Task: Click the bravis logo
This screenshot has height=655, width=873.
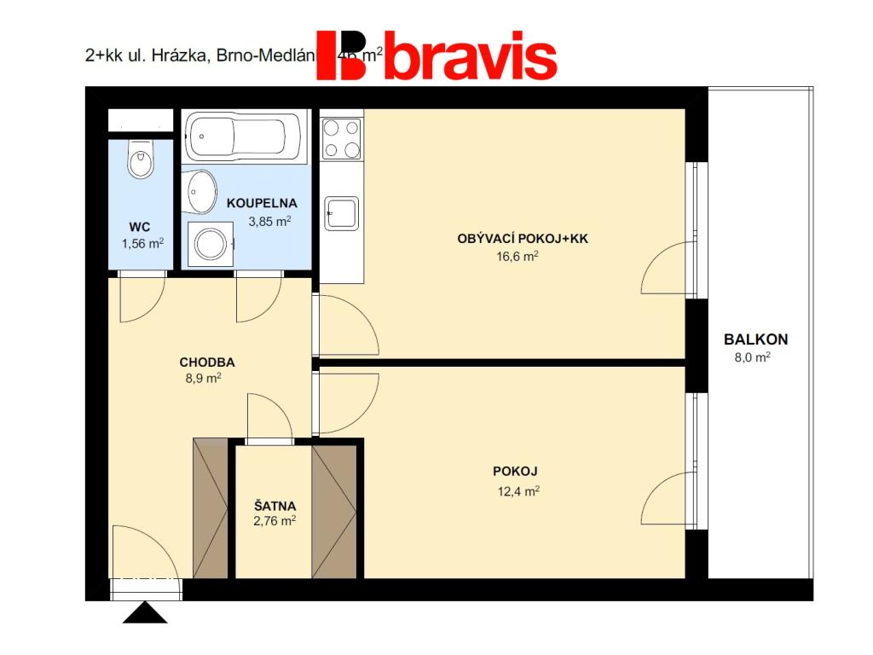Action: pyautogui.click(x=436, y=56)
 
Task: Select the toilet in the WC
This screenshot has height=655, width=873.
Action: pyautogui.click(x=140, y=159)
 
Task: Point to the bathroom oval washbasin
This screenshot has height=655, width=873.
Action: pyautogui.click(x=201, y=192)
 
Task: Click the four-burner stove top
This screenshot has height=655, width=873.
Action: pyautogui.click(x=341, y=138)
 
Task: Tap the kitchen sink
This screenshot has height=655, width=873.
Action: pyautogui.click(x=342, y=212)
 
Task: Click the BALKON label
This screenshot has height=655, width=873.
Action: pyautogui.click(x=756, y=339)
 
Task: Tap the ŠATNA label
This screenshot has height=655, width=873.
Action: pyautogui.click(x=274, y=505)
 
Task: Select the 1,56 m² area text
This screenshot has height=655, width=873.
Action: pyautogui.click(x=142, y=243)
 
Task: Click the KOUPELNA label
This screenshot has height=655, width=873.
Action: pyautogui.click(x=262, y=203)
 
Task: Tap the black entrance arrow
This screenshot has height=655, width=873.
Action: pyautogui.click(x=145, y=613)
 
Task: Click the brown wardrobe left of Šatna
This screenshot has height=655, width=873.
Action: pyautogui.click(x=211, y=508)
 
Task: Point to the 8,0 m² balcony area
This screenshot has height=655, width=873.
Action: pyautogui.click(x=752, y=358)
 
